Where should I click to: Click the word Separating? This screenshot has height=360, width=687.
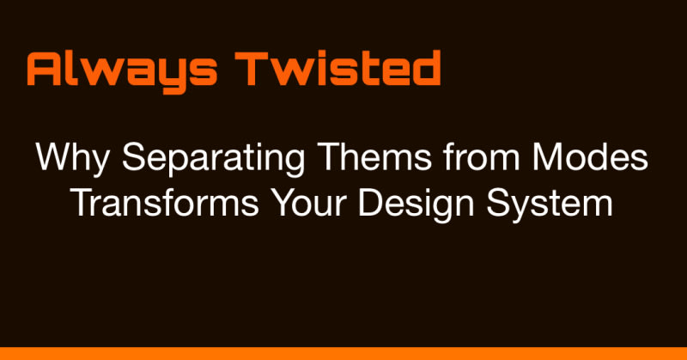pyautogui.click(x=213, y=159)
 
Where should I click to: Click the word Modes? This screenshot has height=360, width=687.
pyautogui.click(x=590, y=157)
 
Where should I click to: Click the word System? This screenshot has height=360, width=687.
pyautogui.click(x=550, y=205)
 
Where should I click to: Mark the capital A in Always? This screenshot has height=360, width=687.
pyautogui.click(x=44, y=69)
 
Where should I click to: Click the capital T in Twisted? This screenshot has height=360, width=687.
pyautogui.click(x=251, y=69)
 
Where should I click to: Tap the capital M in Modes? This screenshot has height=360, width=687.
pyautogui.click(x=545, y=157)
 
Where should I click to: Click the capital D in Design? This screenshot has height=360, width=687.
pyautogui.click(x=370, y=203)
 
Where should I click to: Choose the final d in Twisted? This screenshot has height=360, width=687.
pyautogui.click(x=426, y=68)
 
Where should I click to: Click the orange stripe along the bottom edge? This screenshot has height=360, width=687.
pyautogui.click(x=343, y=353)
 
